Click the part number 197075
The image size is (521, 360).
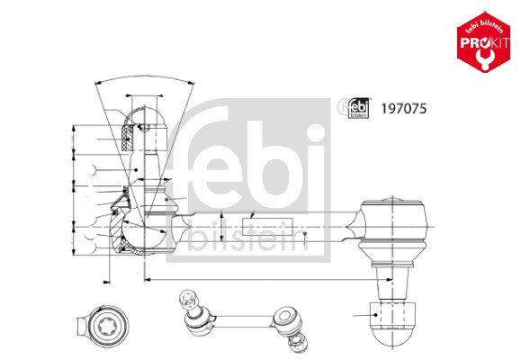click(x=403, y=109)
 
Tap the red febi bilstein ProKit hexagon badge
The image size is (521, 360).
click(x=483, y=42)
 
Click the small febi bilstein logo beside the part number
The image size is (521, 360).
click(x=358, y=108)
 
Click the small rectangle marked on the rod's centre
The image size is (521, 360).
click(x=267, y=227)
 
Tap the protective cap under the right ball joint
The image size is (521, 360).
click(x=392, y=322)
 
